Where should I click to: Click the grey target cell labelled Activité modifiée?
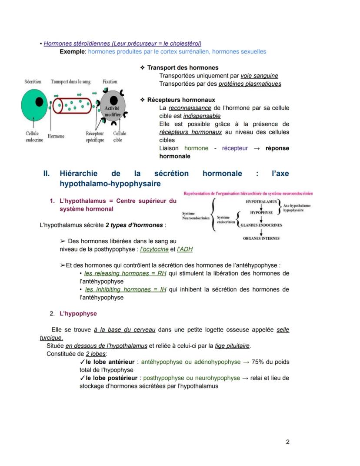113,107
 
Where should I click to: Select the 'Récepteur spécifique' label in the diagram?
95,137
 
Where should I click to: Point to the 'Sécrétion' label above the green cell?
33,81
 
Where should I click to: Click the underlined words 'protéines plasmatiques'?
250,84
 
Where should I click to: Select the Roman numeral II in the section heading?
47,174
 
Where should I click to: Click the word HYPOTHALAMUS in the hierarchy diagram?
261,202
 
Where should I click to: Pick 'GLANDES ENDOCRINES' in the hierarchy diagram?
261,225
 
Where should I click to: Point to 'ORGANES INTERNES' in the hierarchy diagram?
261,238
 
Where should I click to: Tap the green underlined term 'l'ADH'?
185,249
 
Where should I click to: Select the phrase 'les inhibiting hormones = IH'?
126,289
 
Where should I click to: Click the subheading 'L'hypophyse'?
78,313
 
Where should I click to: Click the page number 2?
287,442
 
